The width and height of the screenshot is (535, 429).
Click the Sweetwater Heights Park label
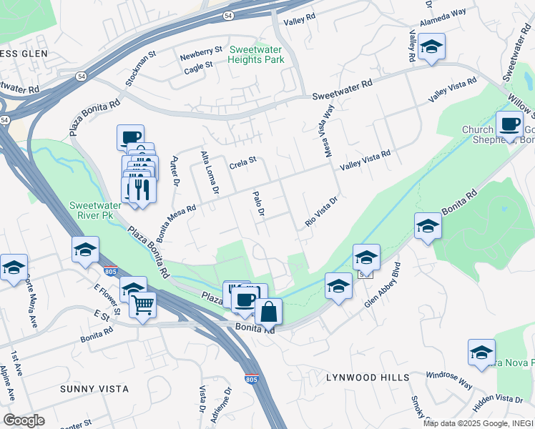pos(257,54)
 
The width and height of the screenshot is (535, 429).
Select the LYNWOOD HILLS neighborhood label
pos(368,377)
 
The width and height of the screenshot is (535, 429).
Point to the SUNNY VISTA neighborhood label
pos(95,389)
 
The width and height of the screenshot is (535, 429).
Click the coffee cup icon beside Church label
pos(509,124)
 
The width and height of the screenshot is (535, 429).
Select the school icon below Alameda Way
pos(431,47)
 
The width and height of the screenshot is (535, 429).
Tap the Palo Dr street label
pos(260,204)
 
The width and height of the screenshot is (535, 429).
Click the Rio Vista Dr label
pos(320,212)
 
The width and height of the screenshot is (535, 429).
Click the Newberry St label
pos(201,51)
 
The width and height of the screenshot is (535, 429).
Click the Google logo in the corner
pos(23,420)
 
